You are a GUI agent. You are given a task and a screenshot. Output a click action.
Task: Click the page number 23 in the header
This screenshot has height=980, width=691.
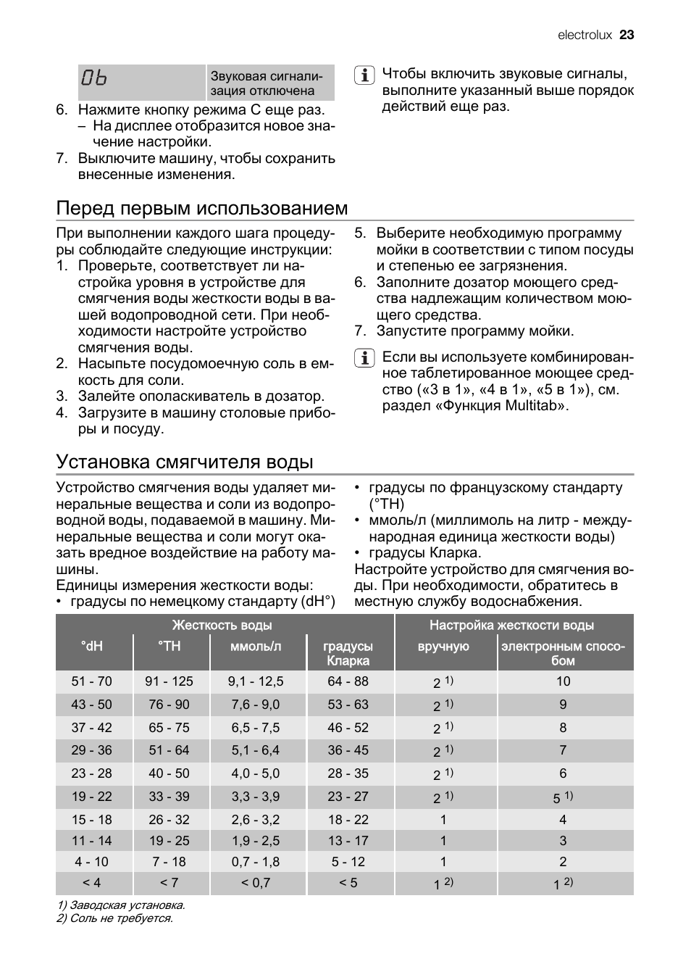[627, 35]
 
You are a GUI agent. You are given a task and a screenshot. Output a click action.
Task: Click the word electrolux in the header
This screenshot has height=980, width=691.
[585, 35]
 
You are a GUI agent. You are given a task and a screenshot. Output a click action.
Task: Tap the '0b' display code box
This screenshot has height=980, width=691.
[142, 82]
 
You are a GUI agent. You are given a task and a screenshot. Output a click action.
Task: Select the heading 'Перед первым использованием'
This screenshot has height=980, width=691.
[202, 208]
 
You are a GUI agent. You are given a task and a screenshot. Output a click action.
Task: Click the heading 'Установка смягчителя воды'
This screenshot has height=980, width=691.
[185, 462]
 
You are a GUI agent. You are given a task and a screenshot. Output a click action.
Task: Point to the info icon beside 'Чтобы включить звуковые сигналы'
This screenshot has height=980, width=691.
[364, 75]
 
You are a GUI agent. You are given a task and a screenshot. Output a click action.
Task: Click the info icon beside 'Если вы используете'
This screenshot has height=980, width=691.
[364, 358]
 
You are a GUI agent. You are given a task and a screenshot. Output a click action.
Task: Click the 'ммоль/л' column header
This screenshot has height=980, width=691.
[256, 646]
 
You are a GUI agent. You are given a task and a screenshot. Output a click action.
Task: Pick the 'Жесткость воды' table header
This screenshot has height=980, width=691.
[222, 625]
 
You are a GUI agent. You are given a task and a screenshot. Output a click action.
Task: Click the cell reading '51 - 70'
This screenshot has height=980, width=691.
[92, 681]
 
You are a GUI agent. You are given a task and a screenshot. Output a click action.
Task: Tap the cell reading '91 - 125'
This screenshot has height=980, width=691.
[169, 681]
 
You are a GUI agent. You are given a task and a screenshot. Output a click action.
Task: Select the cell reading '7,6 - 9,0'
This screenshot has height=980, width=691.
[256, 705]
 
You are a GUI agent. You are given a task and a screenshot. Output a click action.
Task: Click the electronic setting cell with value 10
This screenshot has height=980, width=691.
[564, 681]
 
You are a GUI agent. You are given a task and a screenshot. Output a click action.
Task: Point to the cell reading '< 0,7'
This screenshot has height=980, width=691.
[256, 883]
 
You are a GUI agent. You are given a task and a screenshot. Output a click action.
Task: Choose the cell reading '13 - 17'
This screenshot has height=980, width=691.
[348, 841]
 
